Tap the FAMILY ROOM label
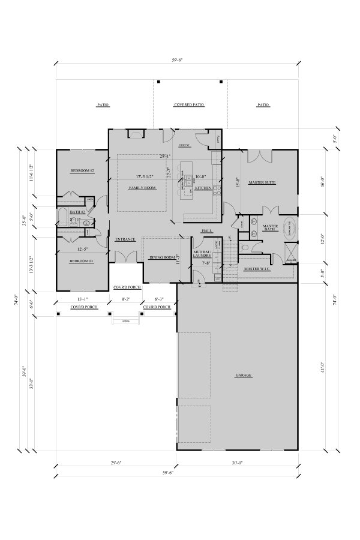(142, 188)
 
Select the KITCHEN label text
(203, 188)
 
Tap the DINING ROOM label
(161, 257)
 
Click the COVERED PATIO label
(189, 104)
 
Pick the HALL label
(207, 230)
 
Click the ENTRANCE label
(125, 239)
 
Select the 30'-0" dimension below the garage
(237, 463)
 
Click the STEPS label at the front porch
(125, 321)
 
